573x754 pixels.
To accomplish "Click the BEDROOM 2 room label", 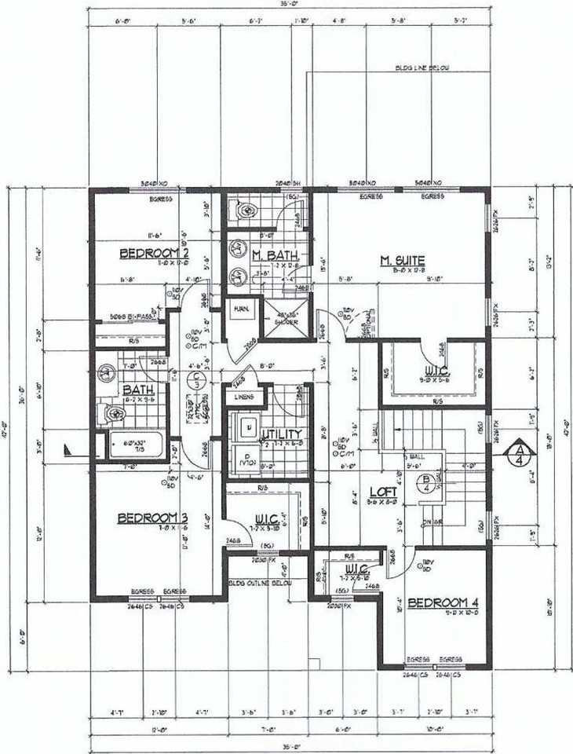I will pyautogui.click(x=155, y=253).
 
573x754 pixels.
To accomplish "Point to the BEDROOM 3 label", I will pyautogui.click(x=152, y=518).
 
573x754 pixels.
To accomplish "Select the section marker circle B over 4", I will pyautogui.click(x=426, y=481).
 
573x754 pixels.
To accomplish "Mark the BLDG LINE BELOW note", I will pyautogui.click(x=422, y=69).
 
